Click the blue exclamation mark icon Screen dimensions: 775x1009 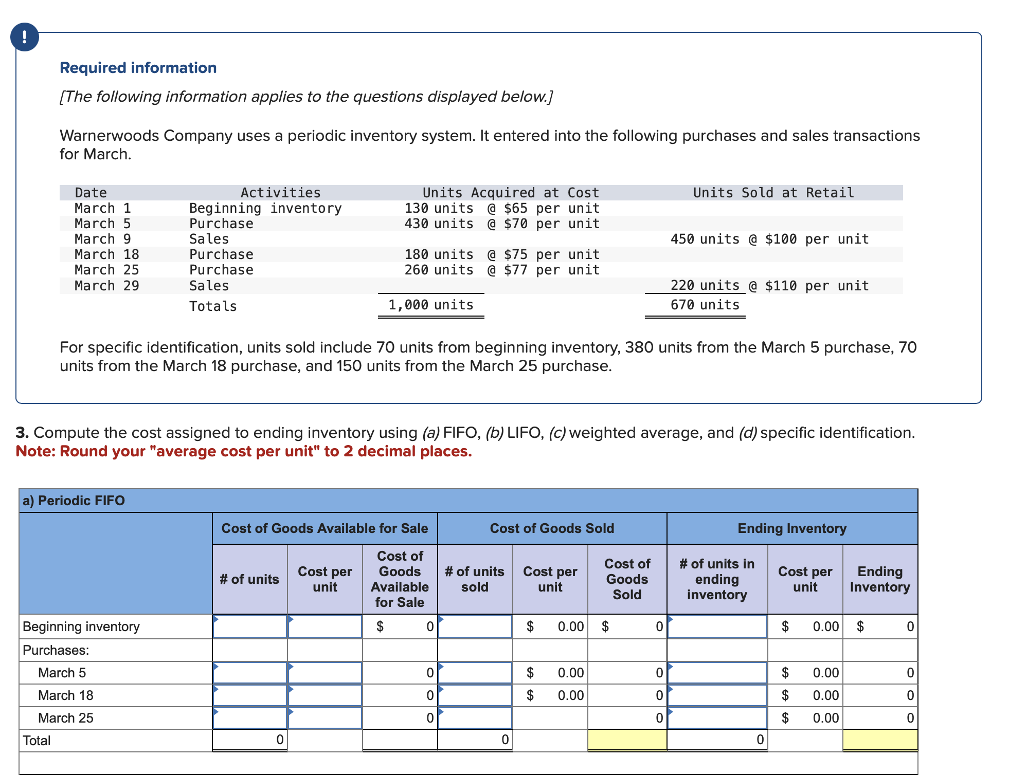[x=24, y=37]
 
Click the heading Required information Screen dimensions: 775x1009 [x=138, y=68]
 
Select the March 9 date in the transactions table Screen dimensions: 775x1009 [x=102, y=239]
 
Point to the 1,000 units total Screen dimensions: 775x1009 [x=430, y=305]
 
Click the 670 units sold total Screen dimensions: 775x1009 [x=705, y=305]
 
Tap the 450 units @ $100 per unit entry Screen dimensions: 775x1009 [x=769, y=239]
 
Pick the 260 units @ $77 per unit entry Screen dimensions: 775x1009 [x=501, y=270]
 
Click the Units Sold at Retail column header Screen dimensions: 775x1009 [x=773, y=193]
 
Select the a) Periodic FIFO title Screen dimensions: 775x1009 [x=74, y=501]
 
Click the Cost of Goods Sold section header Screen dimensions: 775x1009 [x=552, y=528]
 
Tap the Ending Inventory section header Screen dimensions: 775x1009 [x=791, y=528]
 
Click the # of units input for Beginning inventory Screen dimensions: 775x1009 [x=250, y=626]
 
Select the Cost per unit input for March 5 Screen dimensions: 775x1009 [x=325, y=673]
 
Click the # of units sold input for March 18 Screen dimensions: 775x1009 [x=475, y=695]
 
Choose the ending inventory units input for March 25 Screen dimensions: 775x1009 [x=717, y=718]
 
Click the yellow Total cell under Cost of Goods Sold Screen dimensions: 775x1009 [x=627, y=740]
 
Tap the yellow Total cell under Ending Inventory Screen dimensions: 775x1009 [x=880, y=740]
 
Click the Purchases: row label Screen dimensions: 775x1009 [x=56, y=650]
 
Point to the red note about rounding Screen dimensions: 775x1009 [x=244, y=451]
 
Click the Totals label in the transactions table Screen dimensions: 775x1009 [x=213, y=306]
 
